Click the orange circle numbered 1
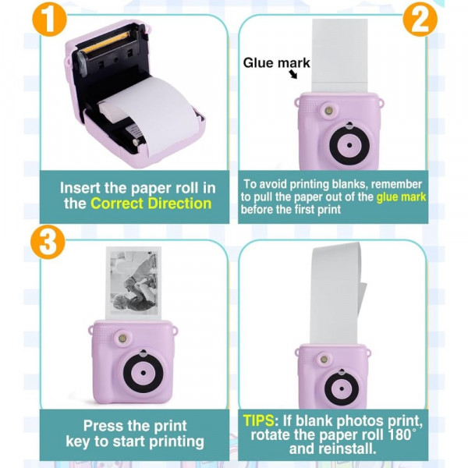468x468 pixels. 49,19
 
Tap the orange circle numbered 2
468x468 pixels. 420,19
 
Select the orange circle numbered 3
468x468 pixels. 48,242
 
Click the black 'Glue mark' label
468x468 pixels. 276,63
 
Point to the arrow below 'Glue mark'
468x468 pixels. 293,74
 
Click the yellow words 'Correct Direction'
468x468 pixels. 151,204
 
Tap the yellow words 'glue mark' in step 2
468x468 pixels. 401,197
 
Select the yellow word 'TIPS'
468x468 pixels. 258,420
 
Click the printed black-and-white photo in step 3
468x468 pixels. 133,282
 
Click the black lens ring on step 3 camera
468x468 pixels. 143,373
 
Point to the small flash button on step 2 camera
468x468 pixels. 329,111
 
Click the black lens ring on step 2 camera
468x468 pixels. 349,145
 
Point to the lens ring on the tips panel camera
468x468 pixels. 342,388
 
